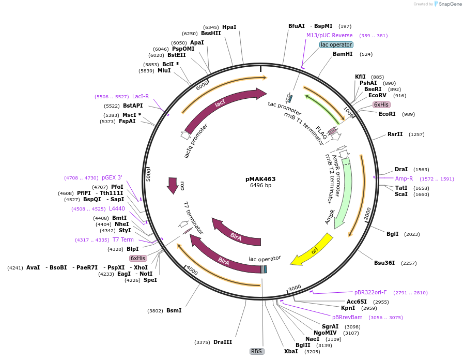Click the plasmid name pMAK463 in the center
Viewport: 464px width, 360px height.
pyautogui.click(x=260, y=179)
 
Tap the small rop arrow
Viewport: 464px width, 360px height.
pyautogui.click(x=173, y=186)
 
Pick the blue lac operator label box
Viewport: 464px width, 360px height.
pyautogui.click(x=336, y=45)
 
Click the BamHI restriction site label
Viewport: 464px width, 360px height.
pyautogui.click(x=343, y=54)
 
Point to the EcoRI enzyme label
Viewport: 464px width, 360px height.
pyautogui.click(x=387, y=114)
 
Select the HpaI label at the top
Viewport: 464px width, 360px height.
pyautogui.click(x=229, y=27)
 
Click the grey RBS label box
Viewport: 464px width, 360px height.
pyautogui.click(x=257, y=351)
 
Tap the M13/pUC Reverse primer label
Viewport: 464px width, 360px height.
pyautogui.click(x=329, y=36)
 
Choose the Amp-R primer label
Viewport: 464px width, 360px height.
pyautogui.click(x=404, y=178)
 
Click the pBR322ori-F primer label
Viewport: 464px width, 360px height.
pyautogui.click(x=370, y=292)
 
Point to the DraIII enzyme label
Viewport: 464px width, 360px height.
pyautogui.click(x=223, y=342)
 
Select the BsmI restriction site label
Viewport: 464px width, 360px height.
pyautogui.click(x=174, y=310)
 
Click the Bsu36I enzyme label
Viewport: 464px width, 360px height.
pyautogui.click(x=384, y=263)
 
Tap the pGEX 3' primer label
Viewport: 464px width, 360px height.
pyautogui.click(x=112, y=177)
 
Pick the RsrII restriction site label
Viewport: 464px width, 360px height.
pyautogui.click(x=395, y=134)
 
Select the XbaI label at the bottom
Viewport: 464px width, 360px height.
pyautogui.click(x=291, y=351)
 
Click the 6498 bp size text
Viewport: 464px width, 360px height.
pyautogui.click(x=260, y=185)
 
